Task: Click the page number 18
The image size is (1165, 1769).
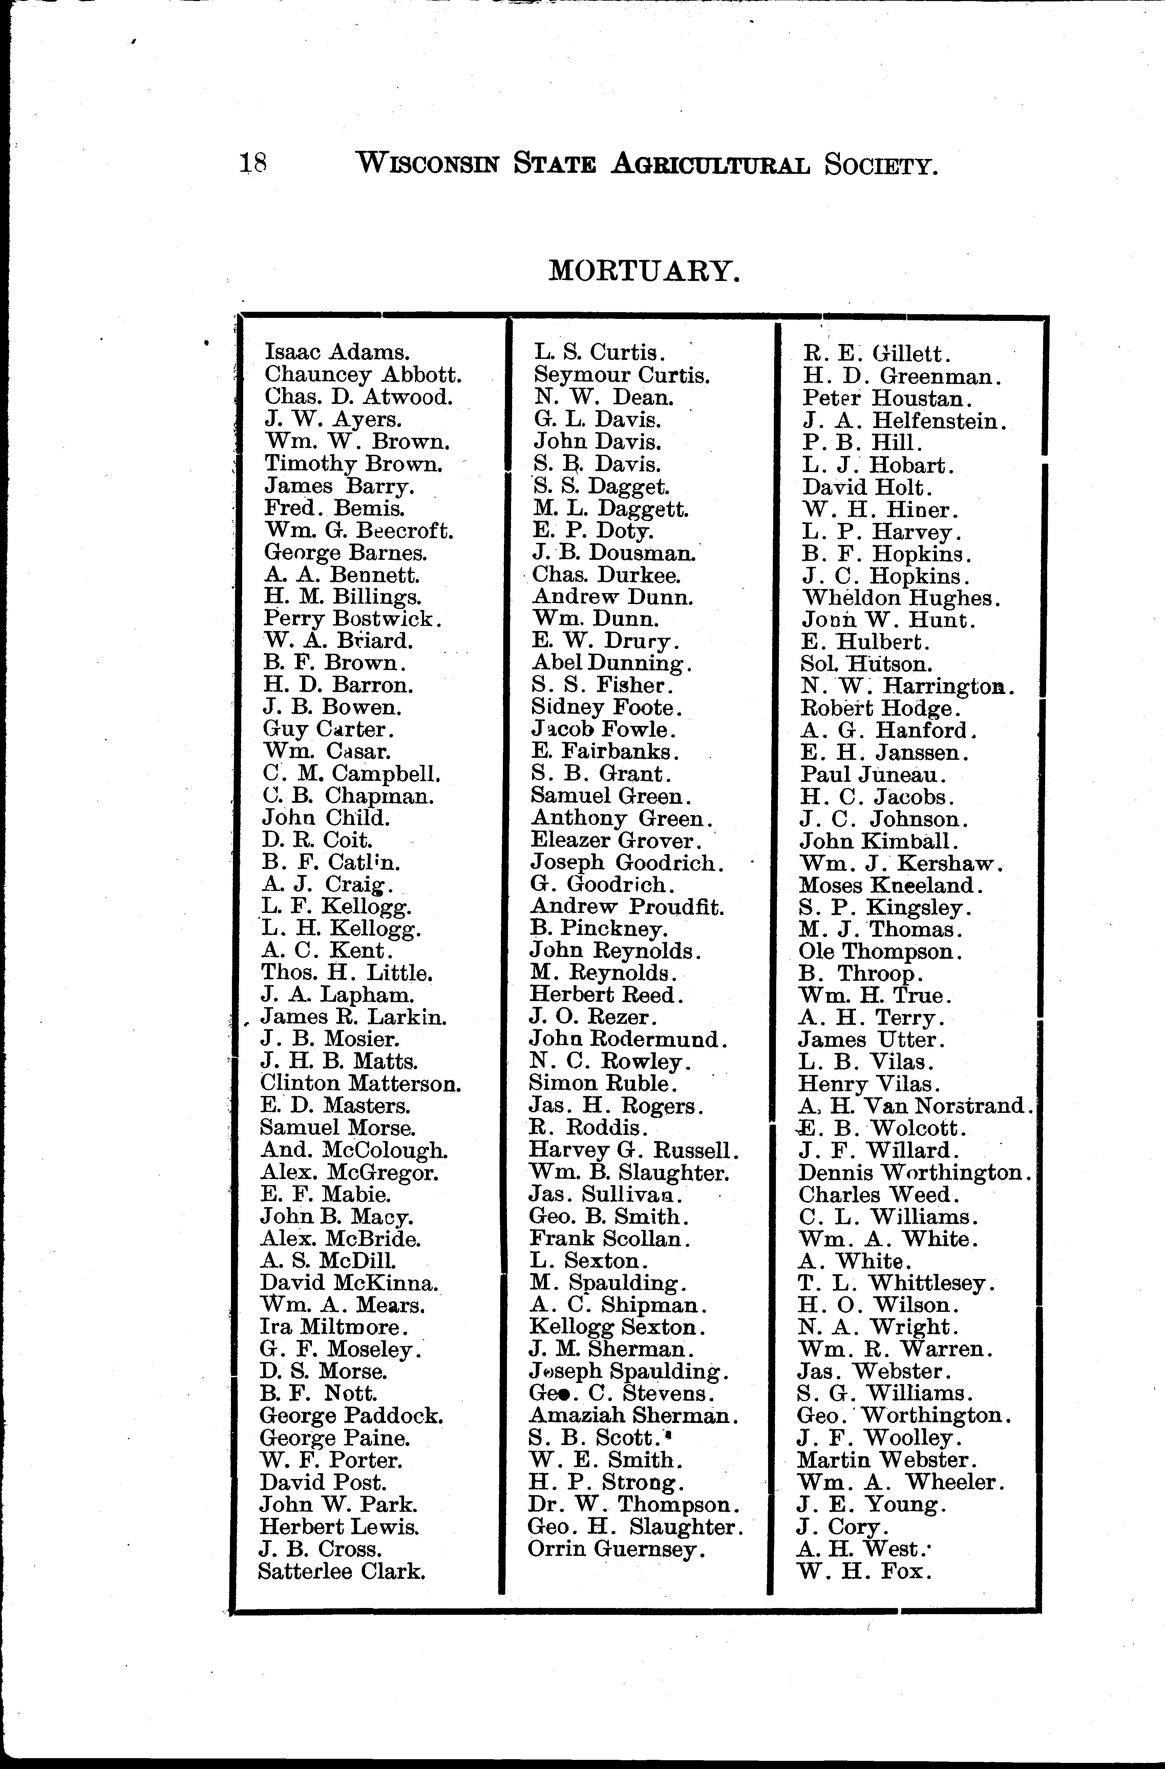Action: point(253,163)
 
